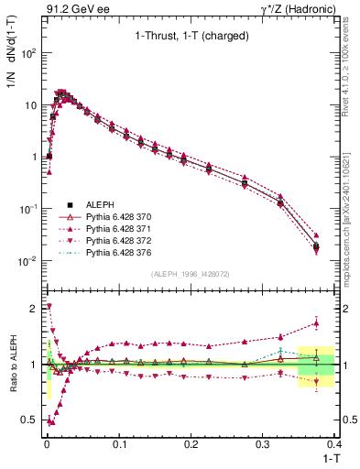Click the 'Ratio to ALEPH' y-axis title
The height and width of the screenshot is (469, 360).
[x=12, y=365]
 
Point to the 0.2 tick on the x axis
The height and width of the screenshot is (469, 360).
[x=191, y=443]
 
